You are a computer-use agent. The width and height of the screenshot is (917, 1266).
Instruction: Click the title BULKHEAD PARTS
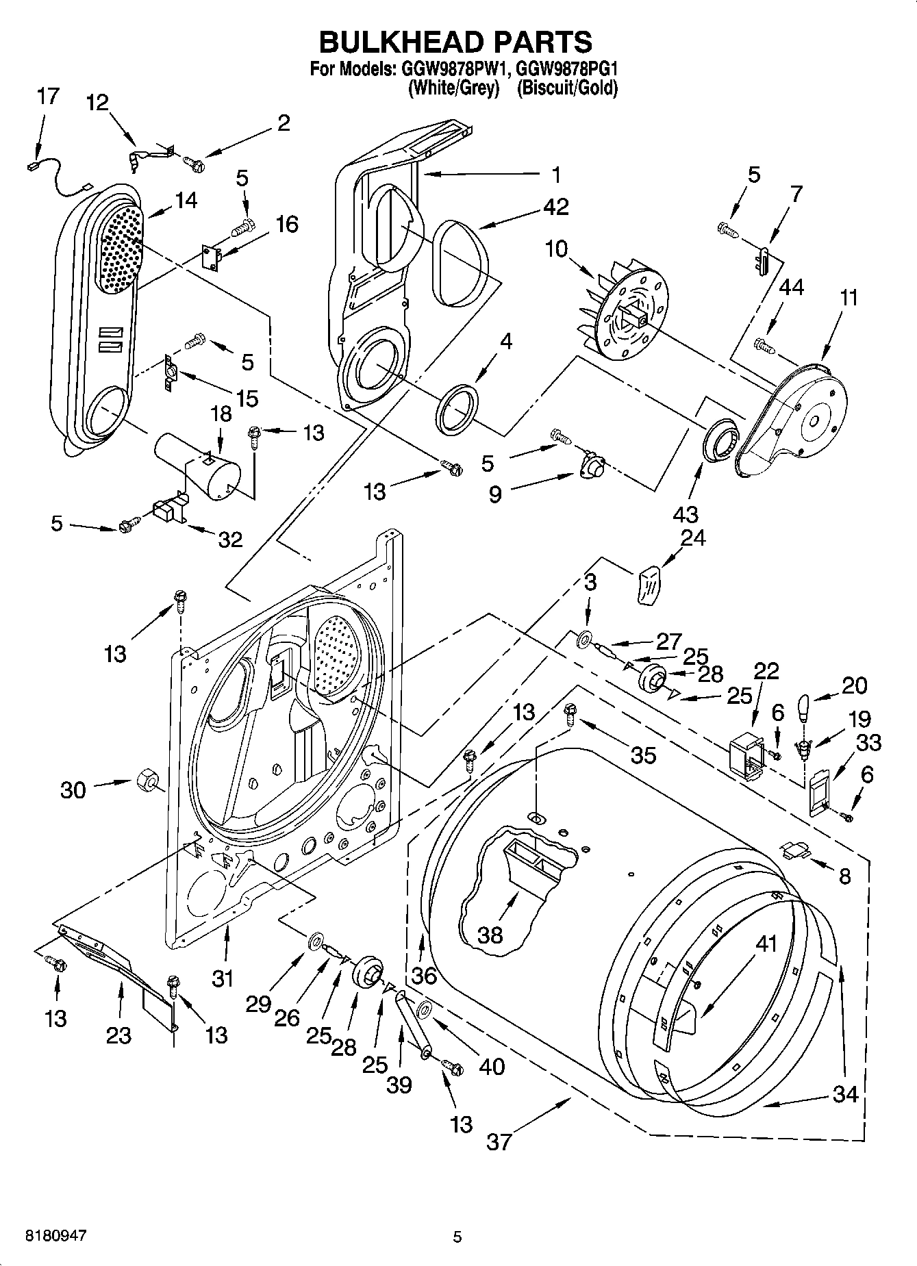click(456, 42)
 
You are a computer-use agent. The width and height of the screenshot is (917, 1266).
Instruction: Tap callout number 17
click(48, 97)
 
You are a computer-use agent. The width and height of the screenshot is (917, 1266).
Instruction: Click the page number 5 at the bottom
click(457, 1237)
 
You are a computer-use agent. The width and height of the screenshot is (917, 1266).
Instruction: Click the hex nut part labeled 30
click(145, 780)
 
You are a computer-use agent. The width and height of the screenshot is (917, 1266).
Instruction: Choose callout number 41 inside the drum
click(766, 943)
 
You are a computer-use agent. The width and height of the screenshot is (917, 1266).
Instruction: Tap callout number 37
click(499, 1141)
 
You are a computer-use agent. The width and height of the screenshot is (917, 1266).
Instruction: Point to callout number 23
click(118, 1035)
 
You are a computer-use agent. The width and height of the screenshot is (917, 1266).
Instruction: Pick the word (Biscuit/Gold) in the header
click(567, 88)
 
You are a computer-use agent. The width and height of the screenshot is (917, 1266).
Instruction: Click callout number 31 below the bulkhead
click(223, 979)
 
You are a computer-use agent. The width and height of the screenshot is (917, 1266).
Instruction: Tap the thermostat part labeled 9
click(590, 469)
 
